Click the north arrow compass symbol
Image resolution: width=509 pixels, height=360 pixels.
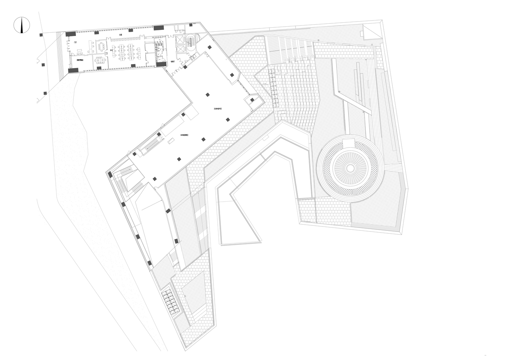(21, 26)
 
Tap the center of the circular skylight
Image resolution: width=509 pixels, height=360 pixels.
(349, 168)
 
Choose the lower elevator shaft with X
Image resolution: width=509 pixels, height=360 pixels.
(180, 49)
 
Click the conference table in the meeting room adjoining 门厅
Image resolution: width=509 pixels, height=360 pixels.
(101, 46)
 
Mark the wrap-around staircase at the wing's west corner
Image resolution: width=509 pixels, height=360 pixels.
(126, 182)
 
